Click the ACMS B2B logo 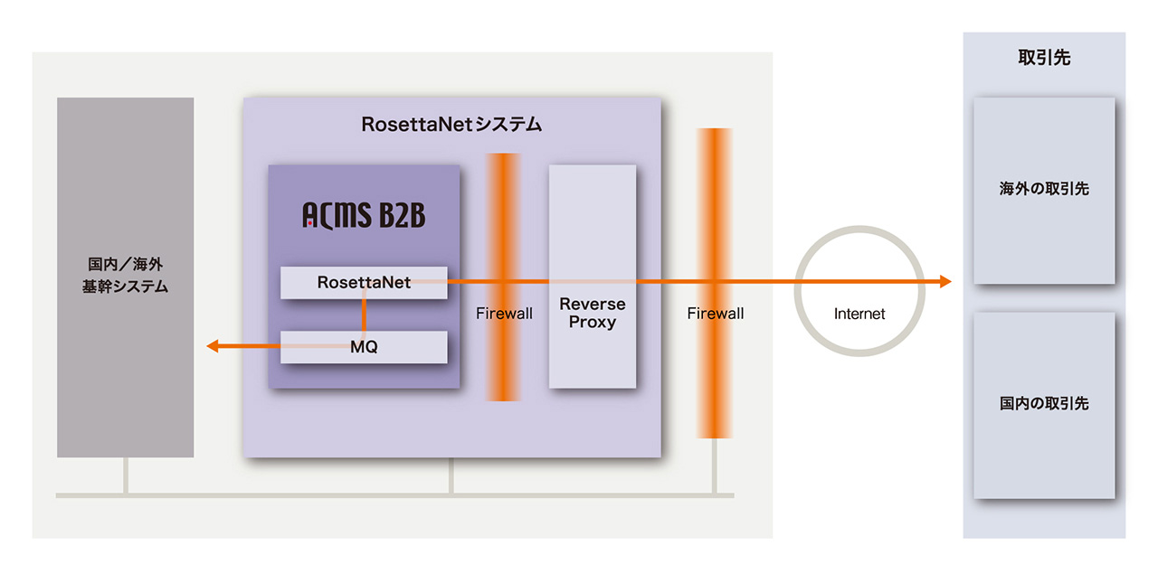pyautogui.click(x=364, y=215)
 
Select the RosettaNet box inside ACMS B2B pyautogui.click(x=364, y=283)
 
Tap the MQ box pyautogui.click(x=364, y=347)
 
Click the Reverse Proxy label pyautogui.click(x=593, y=313)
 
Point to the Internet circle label pyautogui.click(x=859, y=315)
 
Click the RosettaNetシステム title pyautogui.click(x=451, y=125)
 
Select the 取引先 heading pyautogui.click(x=1043, y=58)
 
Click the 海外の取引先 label pyautogui.click(x=1043, y=189)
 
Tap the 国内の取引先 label pyautogui.click(x=1043, y=403)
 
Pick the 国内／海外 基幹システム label pyautogui.click(x=125, y=276)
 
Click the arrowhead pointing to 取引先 pyautogui.click(x=944, y=282)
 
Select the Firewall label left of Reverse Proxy pyautogui.click(x=504, y=314)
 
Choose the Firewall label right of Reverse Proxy pyautogui.click(x=716, y=314)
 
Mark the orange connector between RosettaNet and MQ pyautogui.click(x=364, y=315)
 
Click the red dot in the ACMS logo pyautogui.click(x=309, y=222)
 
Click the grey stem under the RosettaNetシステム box pyautogui.click(x=451, y=476)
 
